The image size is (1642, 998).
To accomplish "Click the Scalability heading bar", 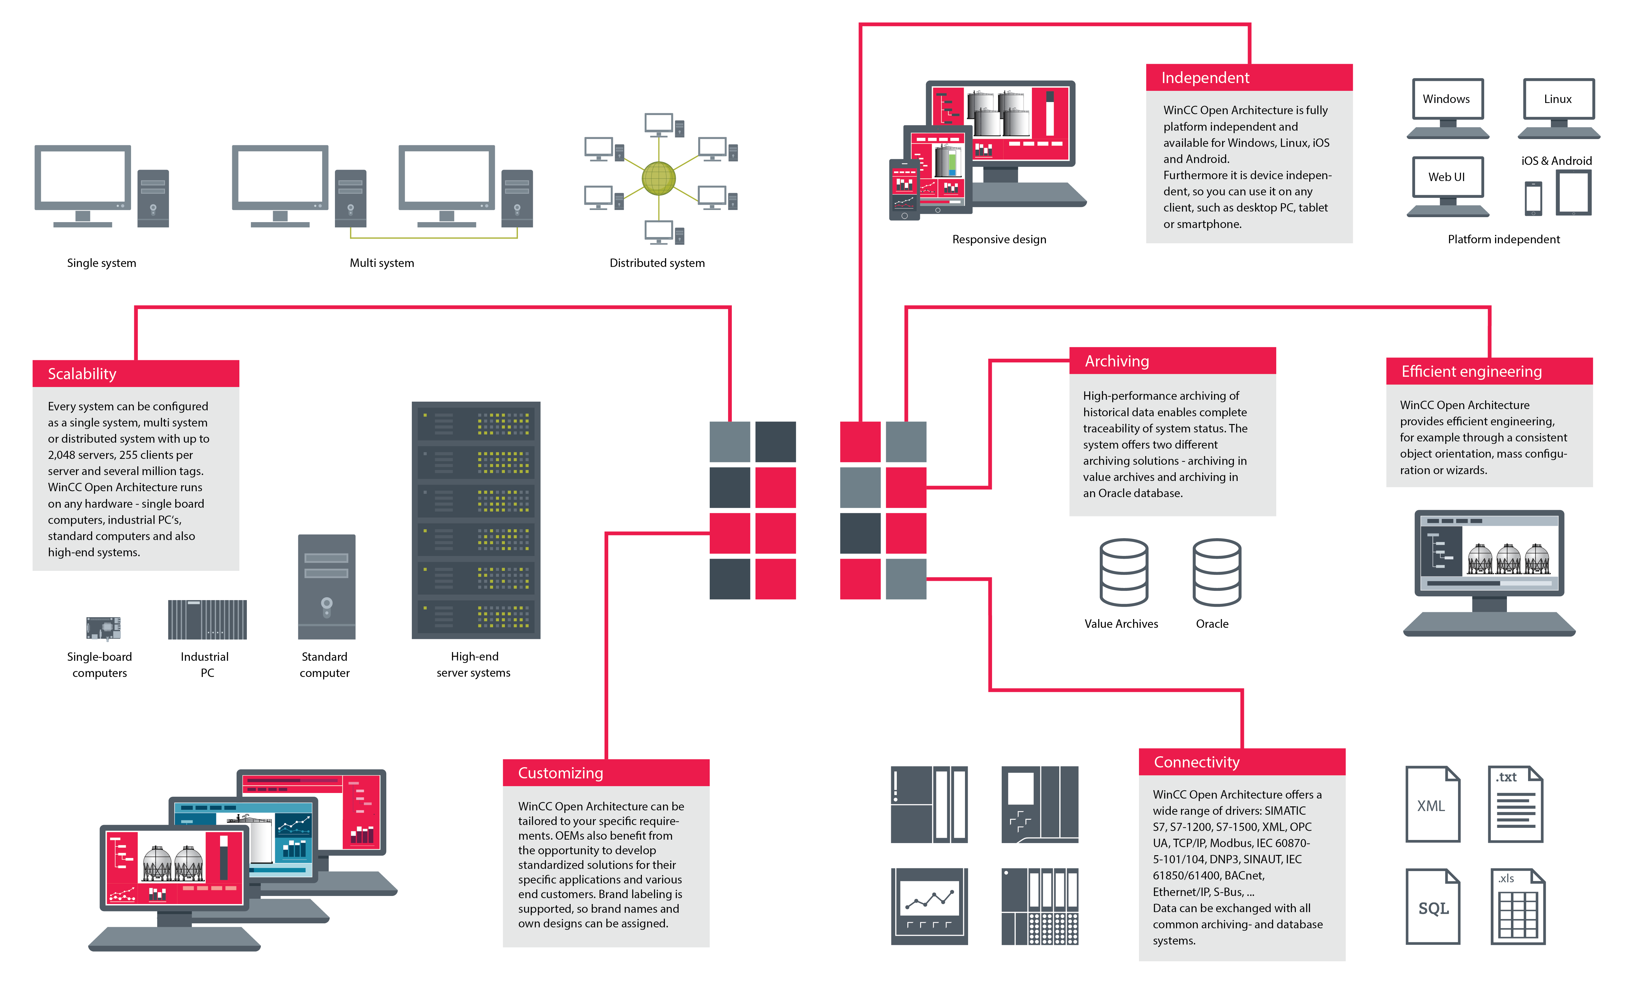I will pos(135,374).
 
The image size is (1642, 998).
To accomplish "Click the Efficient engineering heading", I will pos(1489,371).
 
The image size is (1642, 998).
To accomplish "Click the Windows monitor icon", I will pos(1447,107).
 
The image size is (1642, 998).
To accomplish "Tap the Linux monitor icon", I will pos(1558,107).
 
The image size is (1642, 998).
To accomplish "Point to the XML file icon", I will pos(1432,804).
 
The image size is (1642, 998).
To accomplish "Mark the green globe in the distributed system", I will pos(658,179).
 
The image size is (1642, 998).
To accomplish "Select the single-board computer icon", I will pos(103,627).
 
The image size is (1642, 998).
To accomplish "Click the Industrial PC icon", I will pos(207,620).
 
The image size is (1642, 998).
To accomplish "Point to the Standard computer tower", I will pos(327,586).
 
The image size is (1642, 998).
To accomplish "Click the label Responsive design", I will pos(999,239).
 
